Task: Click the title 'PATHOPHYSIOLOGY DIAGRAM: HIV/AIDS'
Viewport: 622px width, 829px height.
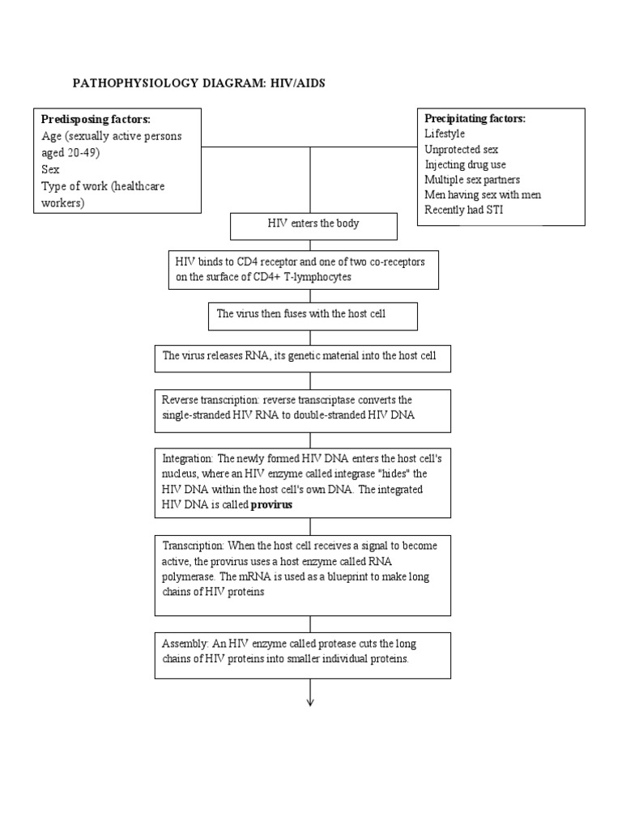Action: (x=199, y=83)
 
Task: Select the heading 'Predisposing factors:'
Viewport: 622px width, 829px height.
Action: (x=96, y=120)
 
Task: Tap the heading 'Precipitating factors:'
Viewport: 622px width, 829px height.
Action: (x=475, y=119)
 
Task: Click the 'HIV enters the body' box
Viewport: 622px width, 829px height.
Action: (x=313, y=224)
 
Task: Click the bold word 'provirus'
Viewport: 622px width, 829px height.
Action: (x=271, y=504)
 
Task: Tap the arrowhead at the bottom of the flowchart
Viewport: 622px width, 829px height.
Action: (x=310, y=701)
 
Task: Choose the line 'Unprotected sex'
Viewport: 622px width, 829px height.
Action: (x=461, y=150)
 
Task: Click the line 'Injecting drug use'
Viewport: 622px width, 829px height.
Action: (x=465, y=165)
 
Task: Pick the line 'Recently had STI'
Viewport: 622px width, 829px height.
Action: (x=462, y=210)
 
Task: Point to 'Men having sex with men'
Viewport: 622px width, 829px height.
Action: (x=483, y=195)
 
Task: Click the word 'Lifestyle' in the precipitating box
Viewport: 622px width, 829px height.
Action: (x=445, y=134)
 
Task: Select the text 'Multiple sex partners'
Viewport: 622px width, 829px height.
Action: (x=472, y=180)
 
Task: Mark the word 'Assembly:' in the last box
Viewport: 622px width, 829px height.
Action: (x=185, y=644)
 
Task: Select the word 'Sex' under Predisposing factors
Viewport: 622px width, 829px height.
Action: (x=50, y=170)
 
